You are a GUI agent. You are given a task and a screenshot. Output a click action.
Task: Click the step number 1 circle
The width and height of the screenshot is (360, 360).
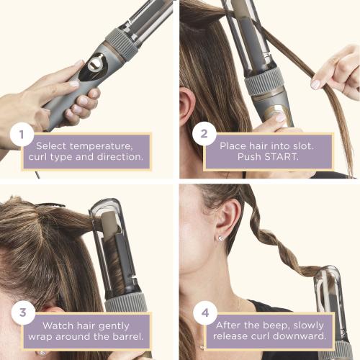[22, 134]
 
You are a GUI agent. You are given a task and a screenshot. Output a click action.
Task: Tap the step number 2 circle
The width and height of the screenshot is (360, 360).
[203, 134]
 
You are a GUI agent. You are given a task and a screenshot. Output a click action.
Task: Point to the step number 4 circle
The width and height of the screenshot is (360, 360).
[203, 313]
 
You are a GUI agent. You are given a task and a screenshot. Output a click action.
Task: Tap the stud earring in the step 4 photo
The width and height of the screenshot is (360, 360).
[220, 238]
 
